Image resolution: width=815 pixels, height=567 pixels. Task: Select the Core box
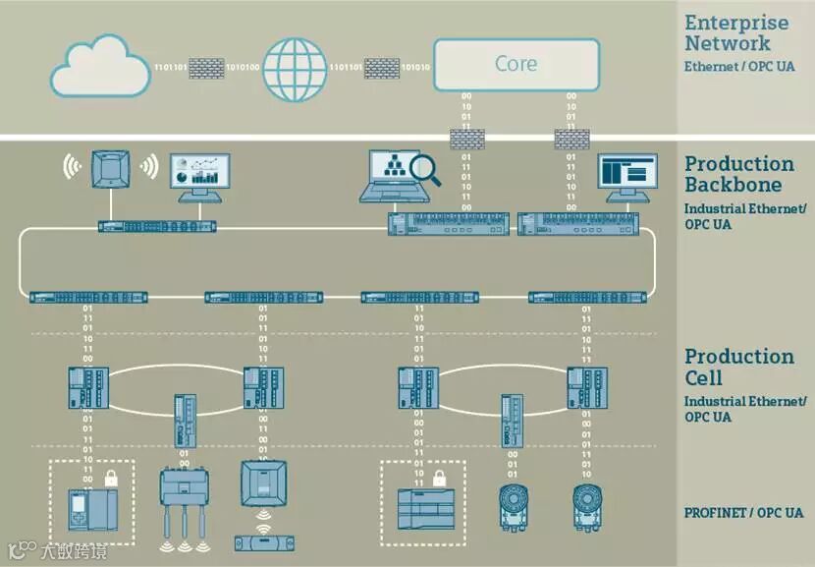[516, 65]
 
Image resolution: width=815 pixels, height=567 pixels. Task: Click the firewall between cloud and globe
[206, 67]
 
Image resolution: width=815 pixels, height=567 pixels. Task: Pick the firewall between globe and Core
[382, 67]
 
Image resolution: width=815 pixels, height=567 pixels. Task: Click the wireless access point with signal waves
[110, 169]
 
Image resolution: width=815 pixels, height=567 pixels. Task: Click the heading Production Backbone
[739, 174]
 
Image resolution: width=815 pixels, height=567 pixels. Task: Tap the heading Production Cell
[738, 367]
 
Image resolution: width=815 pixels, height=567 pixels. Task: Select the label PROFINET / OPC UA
[743, 512]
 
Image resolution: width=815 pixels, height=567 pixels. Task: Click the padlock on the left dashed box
[111, 479]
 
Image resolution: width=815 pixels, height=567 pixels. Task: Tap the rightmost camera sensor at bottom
[586, 502]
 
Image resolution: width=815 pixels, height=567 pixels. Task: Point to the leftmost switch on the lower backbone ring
[88, 297]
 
